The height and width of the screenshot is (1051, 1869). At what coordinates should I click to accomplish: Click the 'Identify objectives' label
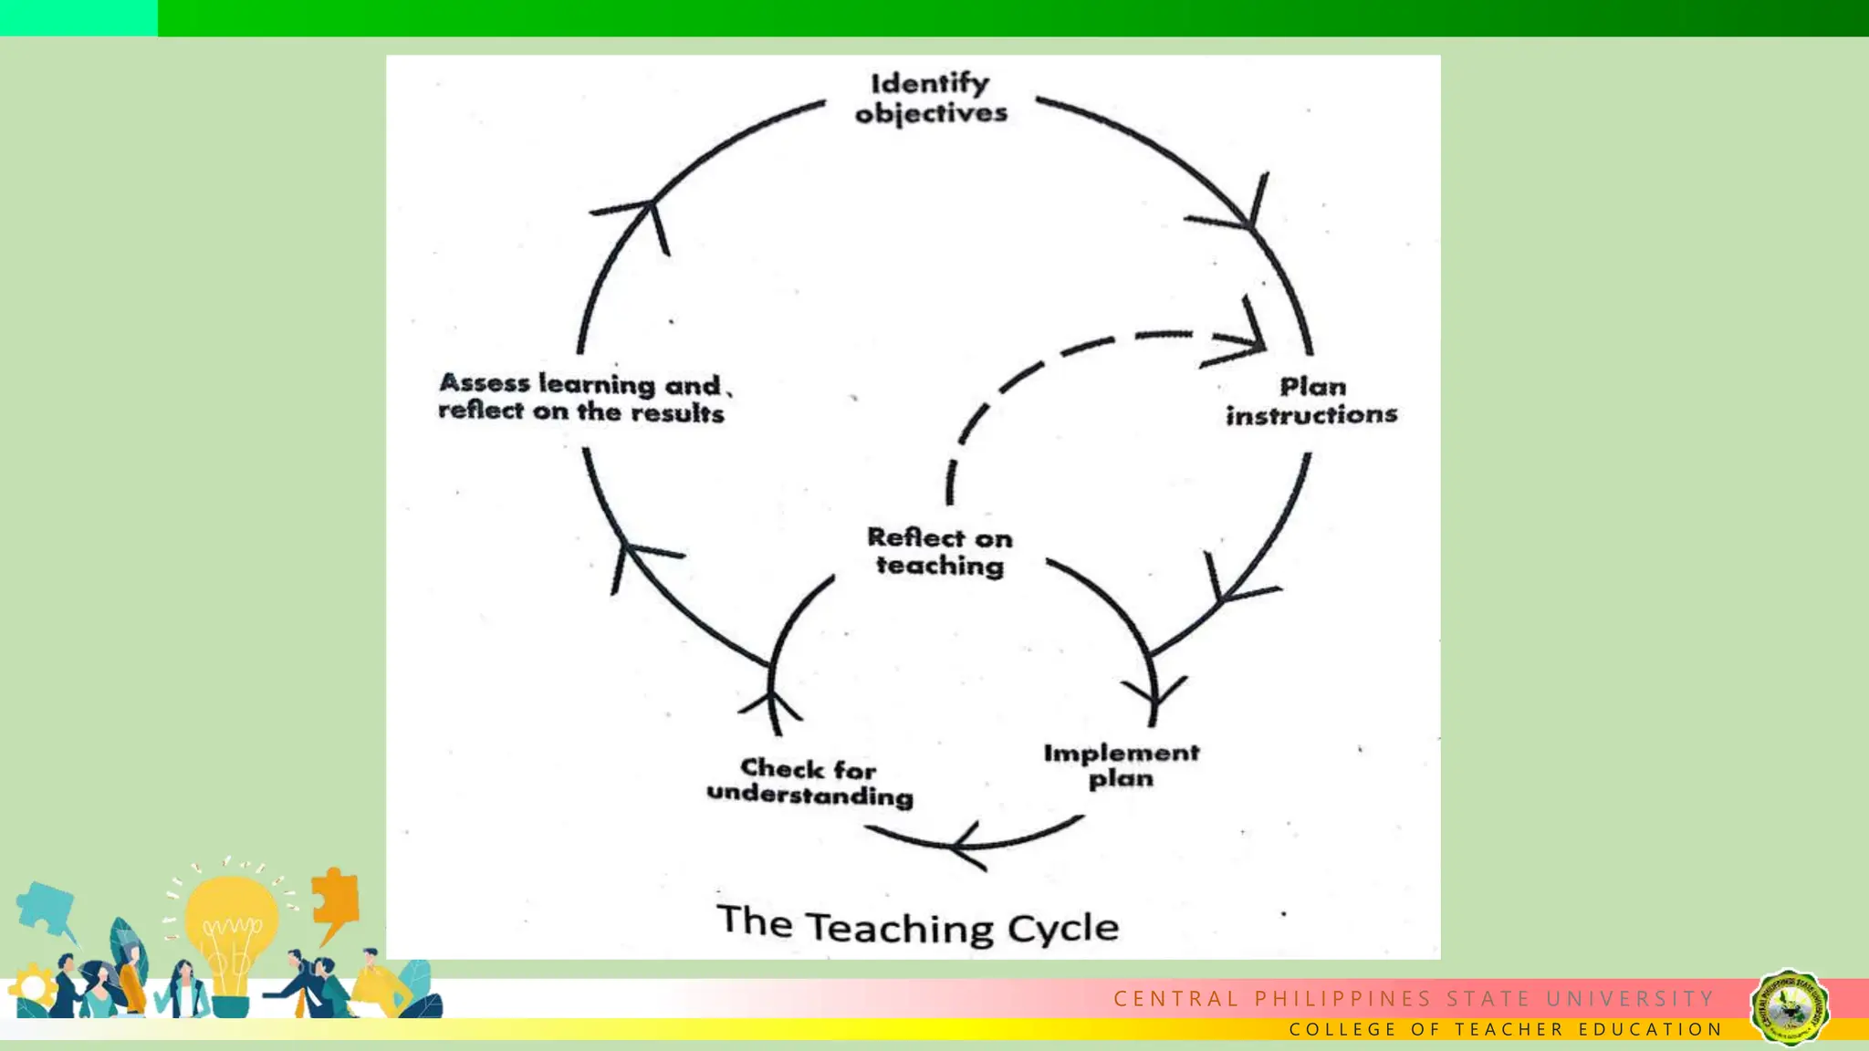point(931,98)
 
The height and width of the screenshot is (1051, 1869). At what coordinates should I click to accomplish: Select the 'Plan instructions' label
point(1311,401)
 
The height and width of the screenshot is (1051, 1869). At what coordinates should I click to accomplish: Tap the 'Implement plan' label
point(1122,765)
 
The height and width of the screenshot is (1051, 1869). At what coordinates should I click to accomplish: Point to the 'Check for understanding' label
point(809,782)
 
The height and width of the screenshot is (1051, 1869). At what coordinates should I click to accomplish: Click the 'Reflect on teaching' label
point(940,551)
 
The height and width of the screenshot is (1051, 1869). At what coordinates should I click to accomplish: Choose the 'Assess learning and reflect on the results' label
point(582,398)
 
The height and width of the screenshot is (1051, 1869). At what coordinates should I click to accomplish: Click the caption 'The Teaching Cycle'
point(917,925)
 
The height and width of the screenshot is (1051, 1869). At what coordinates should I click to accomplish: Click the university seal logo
point(1789,1007)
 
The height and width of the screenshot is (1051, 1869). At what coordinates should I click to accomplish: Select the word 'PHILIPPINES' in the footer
point(1342,999)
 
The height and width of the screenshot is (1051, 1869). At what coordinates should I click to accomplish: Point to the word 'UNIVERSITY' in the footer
point(1631,999)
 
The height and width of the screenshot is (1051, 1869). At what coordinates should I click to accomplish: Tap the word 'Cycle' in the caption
point(1063,929)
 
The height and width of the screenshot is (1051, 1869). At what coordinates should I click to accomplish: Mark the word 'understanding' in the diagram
point(809,795)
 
